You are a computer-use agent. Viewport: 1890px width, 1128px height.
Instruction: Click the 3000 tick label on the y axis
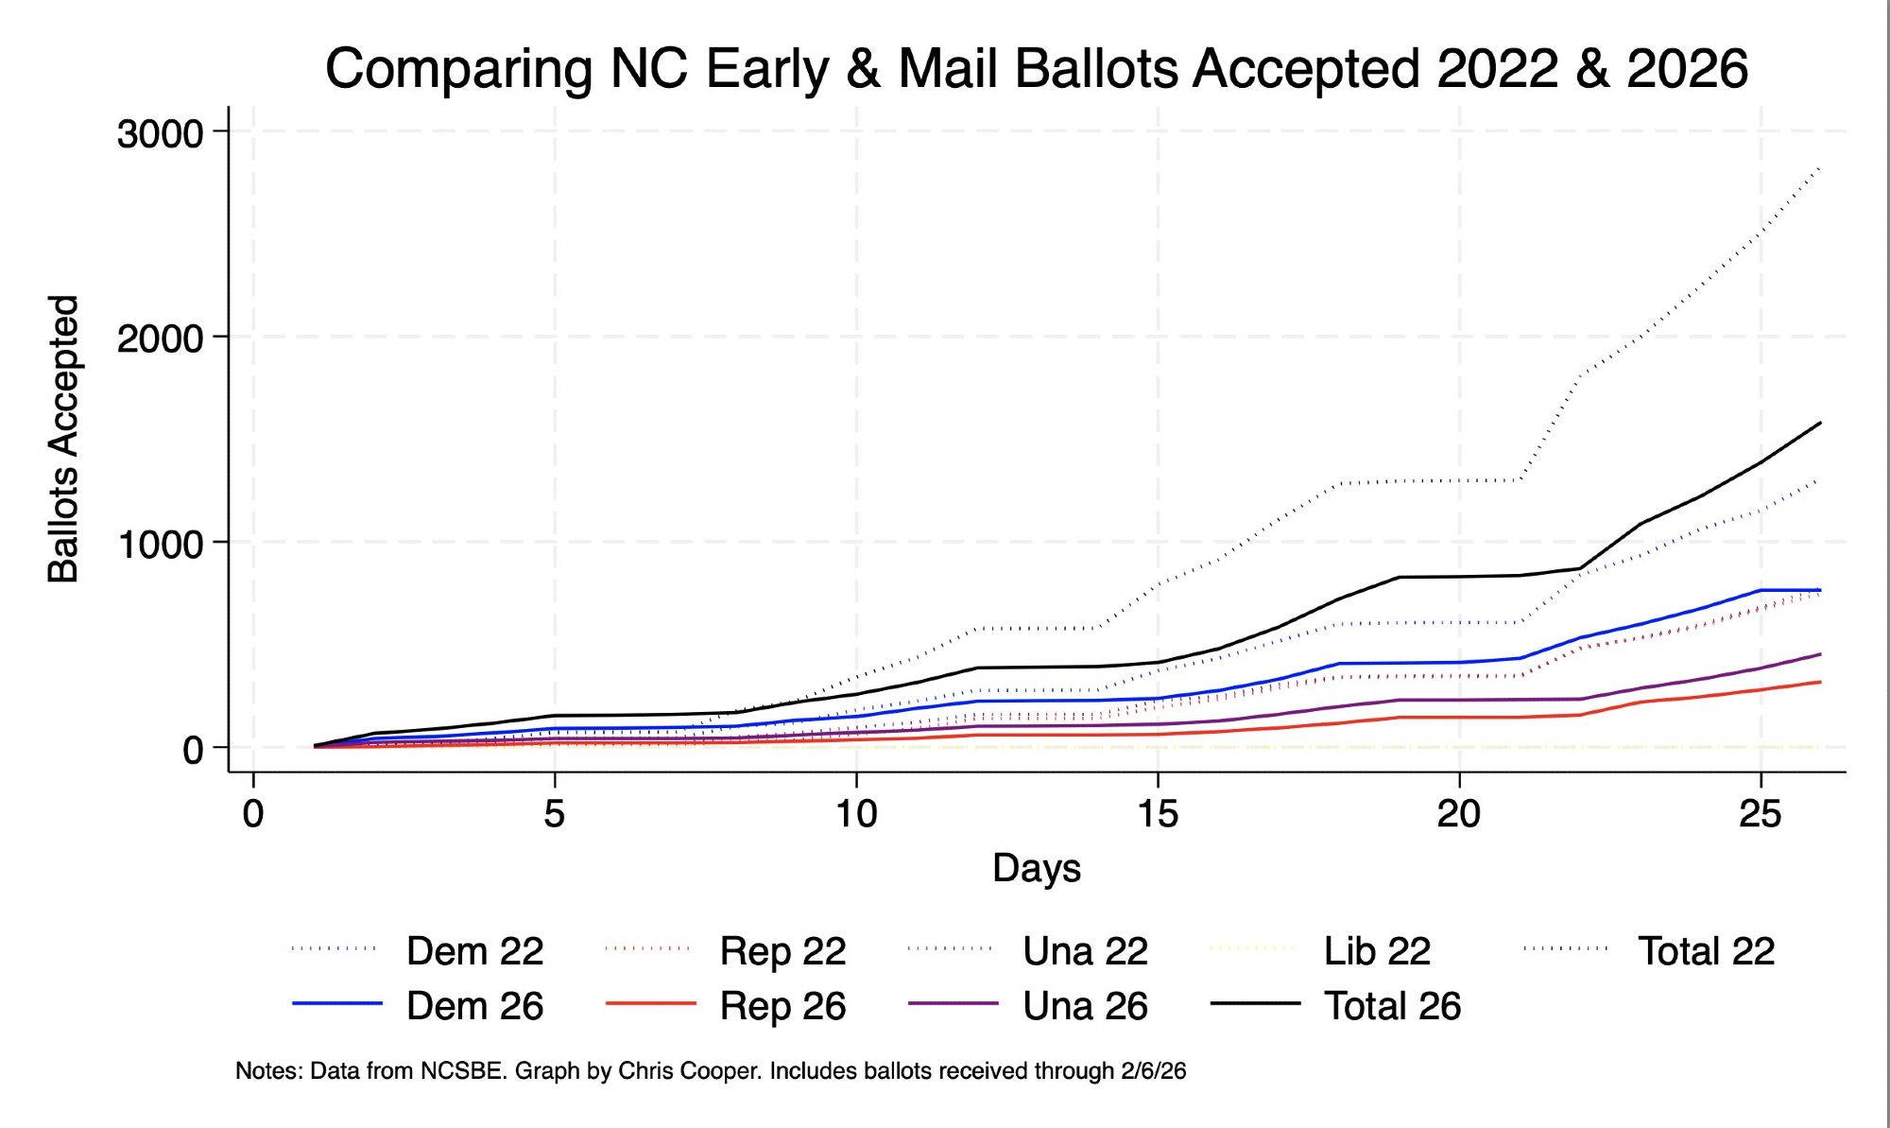[160, 134]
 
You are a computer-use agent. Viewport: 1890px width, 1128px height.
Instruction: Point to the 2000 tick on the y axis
[160, 338]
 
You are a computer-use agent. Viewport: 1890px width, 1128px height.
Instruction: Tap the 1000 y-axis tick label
[160, 545]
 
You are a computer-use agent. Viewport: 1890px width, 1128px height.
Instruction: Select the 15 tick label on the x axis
[1158, 813]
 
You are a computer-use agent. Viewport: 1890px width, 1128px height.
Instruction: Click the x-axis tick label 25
[1760, 813]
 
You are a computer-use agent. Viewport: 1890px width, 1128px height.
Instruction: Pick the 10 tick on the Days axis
[856, 813]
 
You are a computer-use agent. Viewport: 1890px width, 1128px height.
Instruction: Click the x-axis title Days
[1036, 868]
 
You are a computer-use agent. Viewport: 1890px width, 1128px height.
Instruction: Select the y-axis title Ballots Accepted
[63, 439]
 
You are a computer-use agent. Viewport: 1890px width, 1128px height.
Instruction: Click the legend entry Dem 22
[474, 951]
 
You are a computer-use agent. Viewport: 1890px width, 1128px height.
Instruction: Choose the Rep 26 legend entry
[782, 1006]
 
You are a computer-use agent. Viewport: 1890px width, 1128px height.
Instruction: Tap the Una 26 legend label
[1085, 1006]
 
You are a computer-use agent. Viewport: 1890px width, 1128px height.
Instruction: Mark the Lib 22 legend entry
[1377, 951]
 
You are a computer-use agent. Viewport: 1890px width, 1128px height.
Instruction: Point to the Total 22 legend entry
[1706, 951]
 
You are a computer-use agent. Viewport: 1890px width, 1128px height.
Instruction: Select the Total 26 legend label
[1392, 1006]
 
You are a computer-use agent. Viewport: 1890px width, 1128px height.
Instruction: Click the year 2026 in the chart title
[1687, 69]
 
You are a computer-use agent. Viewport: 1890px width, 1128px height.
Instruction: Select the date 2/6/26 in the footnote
[1153, 1071]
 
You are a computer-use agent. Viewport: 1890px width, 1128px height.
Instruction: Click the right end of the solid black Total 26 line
[1820, 423]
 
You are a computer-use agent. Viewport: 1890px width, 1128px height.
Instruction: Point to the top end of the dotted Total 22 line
[1820, 168]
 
